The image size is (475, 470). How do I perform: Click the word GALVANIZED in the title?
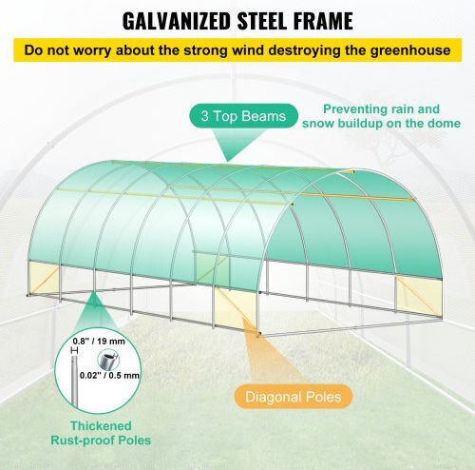click(x=176, y=21)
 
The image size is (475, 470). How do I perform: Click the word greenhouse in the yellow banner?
click(x=410, y=50)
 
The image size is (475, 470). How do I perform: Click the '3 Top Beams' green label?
click(x=243, y=116)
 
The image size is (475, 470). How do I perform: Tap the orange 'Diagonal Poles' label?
click(x=294, y=397)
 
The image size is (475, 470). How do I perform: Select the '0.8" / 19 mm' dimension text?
click(x=99, y=342)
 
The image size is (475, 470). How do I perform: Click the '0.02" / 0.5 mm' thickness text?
click(x=109, y=375)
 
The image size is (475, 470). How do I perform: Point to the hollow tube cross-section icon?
click(x=106, y=360)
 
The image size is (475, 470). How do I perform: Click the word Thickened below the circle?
click(x=101, y=425)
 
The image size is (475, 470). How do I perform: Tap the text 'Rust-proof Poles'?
click(x=101, y=441)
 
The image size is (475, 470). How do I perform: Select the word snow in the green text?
click(x=318, y=124)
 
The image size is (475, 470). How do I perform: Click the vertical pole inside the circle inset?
click(x=74, y=381)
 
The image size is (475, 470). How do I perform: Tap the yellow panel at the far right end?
click(x=419, y=296)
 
